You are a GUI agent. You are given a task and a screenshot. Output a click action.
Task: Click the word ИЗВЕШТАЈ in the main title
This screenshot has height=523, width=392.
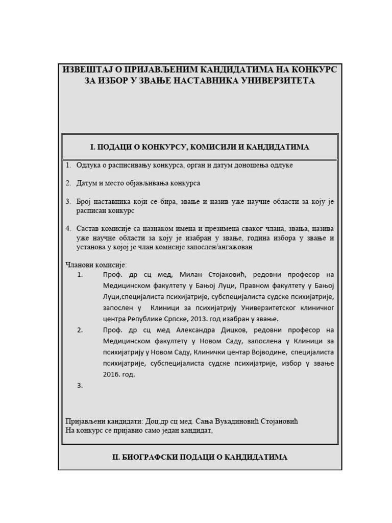(x=84, y=69)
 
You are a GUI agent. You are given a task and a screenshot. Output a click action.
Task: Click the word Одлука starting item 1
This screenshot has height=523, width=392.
(x=89, y=165)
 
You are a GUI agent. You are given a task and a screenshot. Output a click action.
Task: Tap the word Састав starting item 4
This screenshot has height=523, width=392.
(x=87, y=228)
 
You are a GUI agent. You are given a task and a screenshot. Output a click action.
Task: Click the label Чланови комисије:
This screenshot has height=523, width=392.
(x=96, y=265)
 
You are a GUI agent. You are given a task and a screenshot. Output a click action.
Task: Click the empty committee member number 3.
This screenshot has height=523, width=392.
(x=80, y=386)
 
